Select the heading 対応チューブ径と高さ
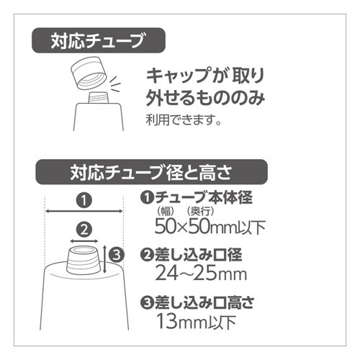tap(151, 173)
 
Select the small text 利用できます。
tap(179, 118)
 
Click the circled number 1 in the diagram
tap(85, 198)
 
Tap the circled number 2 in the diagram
tap(85, 230)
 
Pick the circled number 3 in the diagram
tap(119, 253)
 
